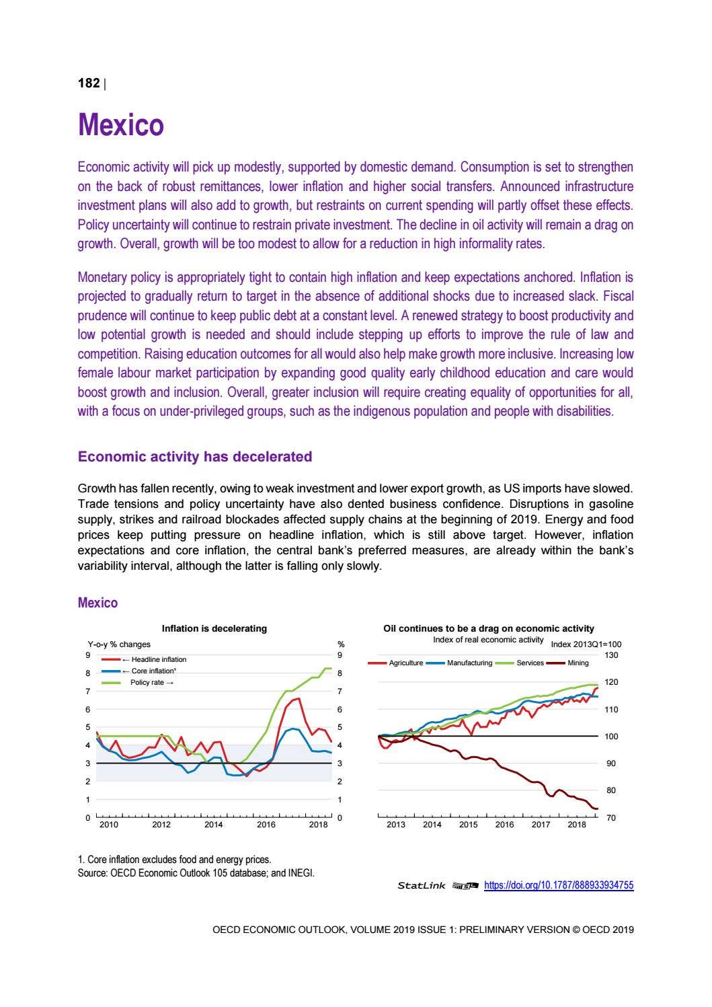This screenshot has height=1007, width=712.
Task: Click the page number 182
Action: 89,83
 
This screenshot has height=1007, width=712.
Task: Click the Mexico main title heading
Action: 121,125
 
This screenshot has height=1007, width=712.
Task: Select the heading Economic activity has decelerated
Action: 195,457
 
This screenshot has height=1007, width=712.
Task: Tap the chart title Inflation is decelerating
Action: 214,628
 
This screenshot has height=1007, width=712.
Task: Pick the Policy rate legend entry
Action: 152,682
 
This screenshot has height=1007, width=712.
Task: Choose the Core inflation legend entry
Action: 153,671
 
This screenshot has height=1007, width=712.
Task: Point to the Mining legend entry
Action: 578,663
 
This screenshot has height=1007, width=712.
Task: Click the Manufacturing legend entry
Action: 469,663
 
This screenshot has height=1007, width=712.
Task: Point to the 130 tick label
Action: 610,655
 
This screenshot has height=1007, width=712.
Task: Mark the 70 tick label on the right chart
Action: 610,817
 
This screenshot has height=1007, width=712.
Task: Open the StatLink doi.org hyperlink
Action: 558,885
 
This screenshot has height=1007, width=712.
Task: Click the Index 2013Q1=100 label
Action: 586,644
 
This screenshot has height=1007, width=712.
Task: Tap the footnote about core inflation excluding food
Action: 175,860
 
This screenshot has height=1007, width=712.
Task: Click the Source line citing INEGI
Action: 196,873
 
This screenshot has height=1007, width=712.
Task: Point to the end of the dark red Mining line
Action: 597,809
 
